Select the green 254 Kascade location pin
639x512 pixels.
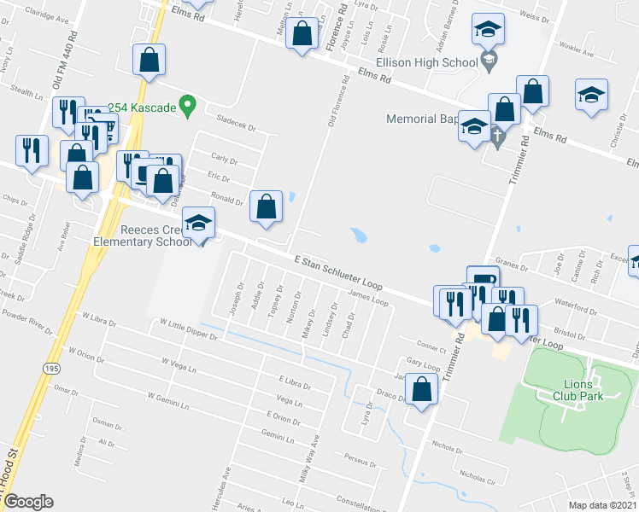190,108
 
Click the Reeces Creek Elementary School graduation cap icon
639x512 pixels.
199,224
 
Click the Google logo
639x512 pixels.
28,502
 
